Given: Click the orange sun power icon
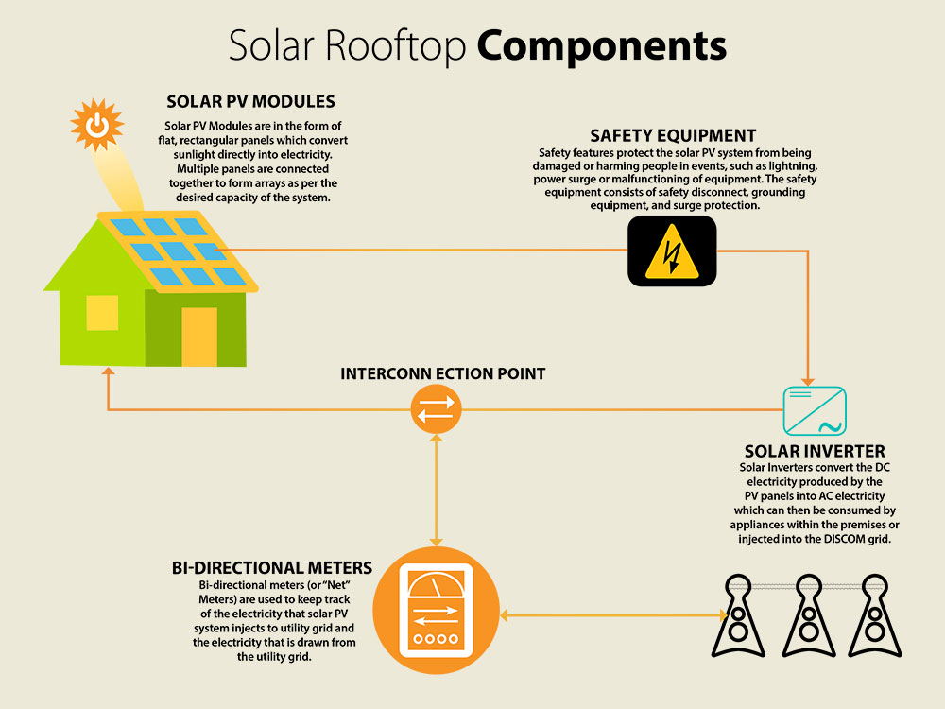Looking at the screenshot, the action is (x=96, y=125).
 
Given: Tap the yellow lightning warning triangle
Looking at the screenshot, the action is (x=672, y=252).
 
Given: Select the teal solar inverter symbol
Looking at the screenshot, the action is (x=815, y=410).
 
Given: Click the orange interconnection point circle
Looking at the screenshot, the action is (x=436, y=409).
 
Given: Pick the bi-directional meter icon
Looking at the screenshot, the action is (x=436, y=610).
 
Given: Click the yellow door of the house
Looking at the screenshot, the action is (x=199, y=337).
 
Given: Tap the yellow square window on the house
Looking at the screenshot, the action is (x=102, y=313).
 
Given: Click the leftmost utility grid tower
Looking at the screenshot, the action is (x=738, y=616).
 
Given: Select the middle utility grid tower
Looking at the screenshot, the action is (x=809, y=616).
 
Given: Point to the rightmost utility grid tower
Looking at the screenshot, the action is (x=874, y=616).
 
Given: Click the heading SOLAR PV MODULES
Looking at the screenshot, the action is (x=250, y=101).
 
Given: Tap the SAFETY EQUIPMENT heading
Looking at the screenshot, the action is (x=673, y=135).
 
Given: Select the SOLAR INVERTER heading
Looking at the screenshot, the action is (x=815, y=451).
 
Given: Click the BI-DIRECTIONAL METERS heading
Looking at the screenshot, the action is (x=272, y=568).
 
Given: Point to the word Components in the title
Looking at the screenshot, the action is (x=601, y=45).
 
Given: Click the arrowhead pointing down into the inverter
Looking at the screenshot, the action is (x=808, y=382).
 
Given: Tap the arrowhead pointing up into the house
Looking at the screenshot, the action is (x=108, y=372).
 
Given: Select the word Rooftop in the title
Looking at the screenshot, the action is (x=396, y=45).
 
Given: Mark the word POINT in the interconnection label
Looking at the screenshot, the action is (x=522, y=373).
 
